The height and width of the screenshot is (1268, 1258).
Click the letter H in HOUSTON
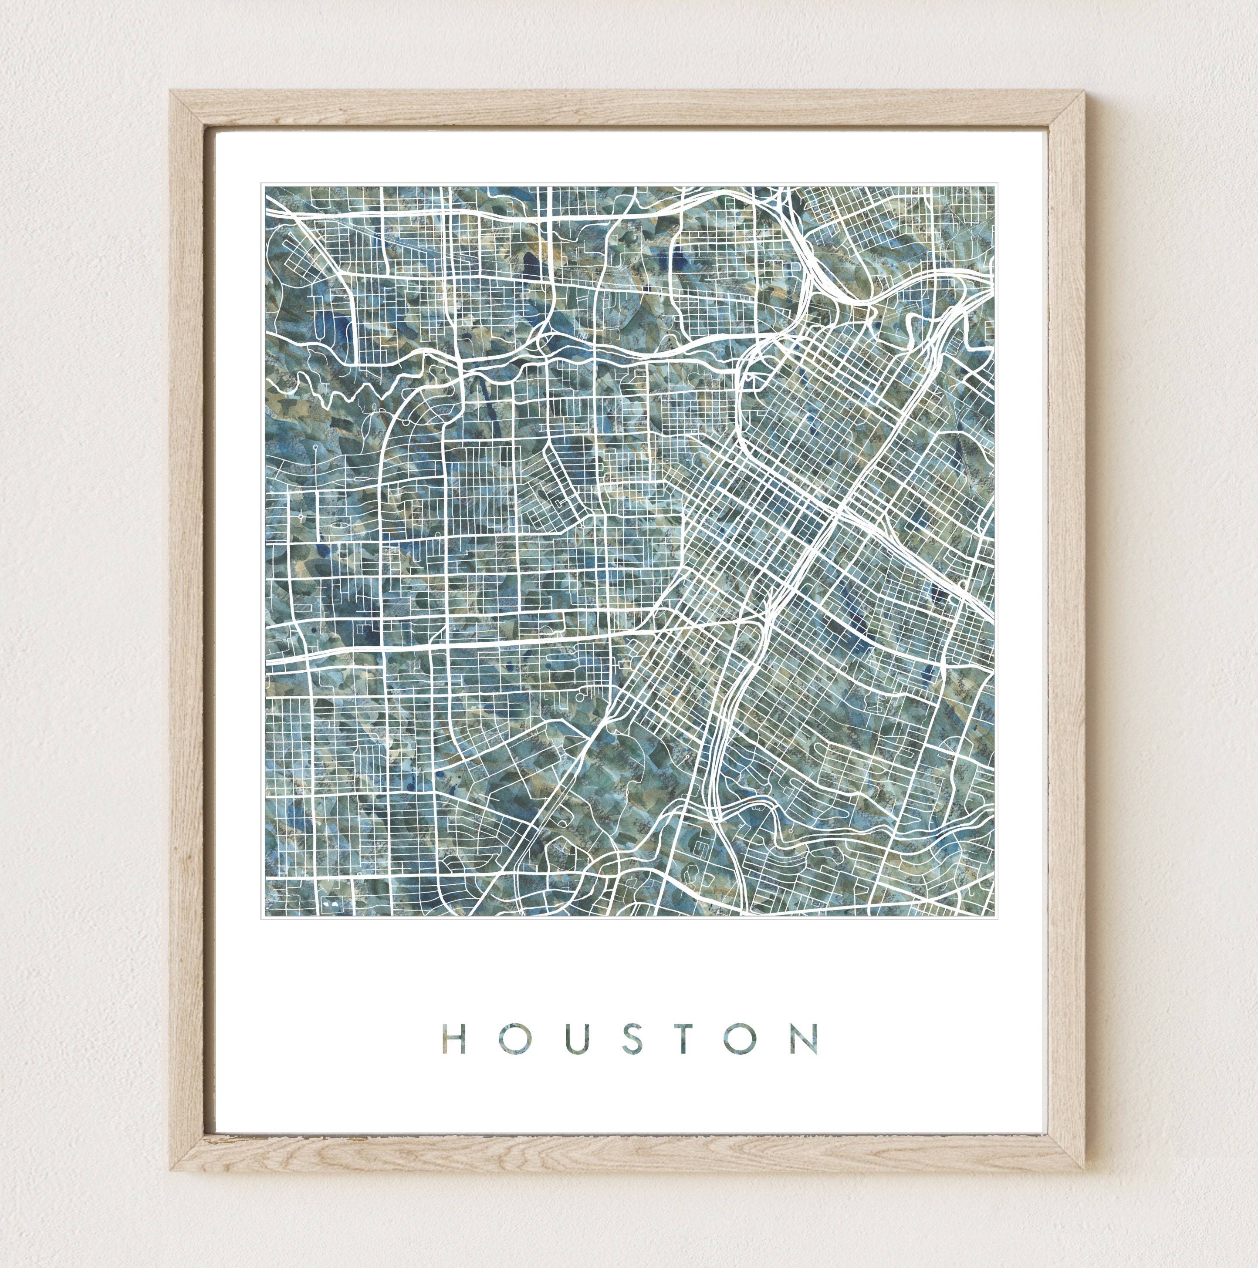[x=454, y=1038]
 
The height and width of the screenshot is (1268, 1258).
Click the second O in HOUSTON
[x=742, y=1038]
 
